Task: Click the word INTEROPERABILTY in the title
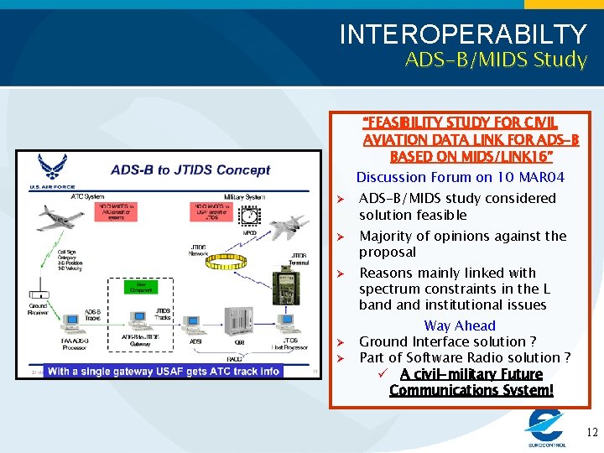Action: [x=463, y=34]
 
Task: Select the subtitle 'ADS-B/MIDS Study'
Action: [x=496, y=60]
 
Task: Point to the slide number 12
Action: [x=591, y=433]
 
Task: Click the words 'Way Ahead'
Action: [x=460, y=325]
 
